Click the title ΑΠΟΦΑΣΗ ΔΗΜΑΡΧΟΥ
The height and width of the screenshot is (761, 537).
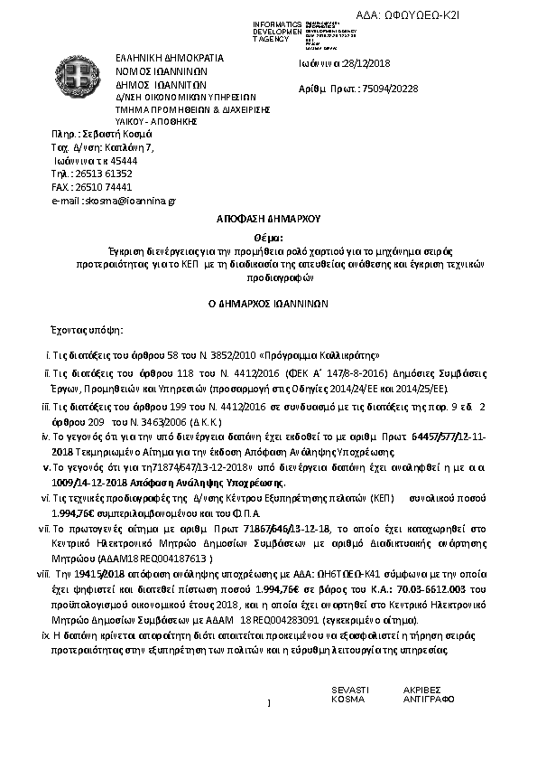tap(268, 219)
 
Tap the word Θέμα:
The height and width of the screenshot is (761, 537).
tap(268, 236)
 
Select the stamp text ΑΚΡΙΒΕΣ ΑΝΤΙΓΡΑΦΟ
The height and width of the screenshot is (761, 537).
tap(428, 694)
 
